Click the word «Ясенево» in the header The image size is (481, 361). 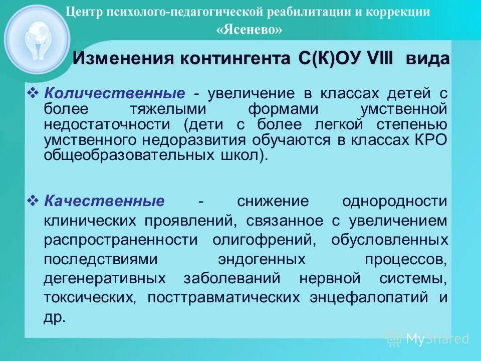tap(249, 30)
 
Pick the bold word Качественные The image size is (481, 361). tap(104, 202)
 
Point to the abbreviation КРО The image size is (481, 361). tap(430, 140)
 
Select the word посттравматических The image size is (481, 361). tap(223, 297)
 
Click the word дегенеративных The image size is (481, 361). tap(105, 278)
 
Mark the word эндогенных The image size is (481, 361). tap(262, 259)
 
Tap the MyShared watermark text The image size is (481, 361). tap(437, 339)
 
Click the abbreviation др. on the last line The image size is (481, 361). tap(55, 318)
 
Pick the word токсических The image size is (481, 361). tap(89, 297)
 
